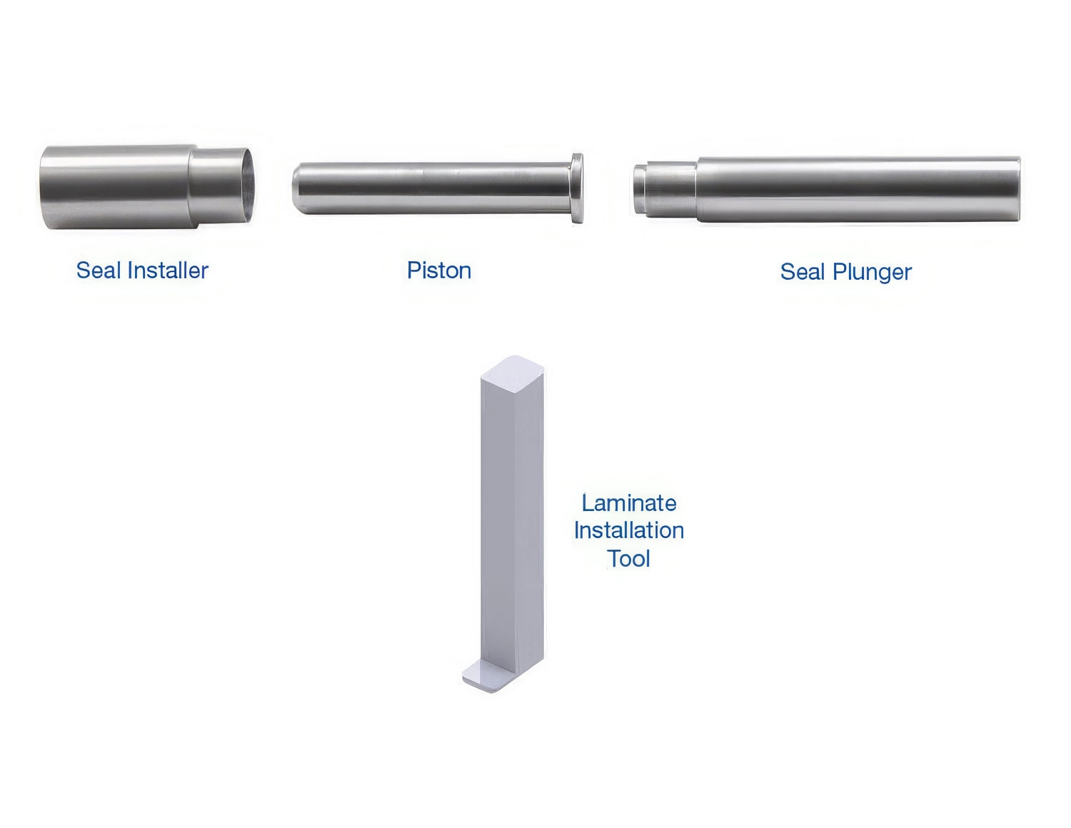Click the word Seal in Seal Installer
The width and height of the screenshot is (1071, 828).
[x=99, y=271]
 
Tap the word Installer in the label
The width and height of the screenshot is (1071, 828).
[x=168, y=271]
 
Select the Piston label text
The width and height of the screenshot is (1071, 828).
[x=439, y=271]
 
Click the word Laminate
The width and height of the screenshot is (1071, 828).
[x=629, y=503]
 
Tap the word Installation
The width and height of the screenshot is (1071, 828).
[x=629, y=530]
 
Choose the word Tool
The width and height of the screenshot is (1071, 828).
[x=629, y=559]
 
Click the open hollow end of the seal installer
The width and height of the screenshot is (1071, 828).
[x=248, y=185]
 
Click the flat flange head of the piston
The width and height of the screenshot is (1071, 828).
[x=577, y=188]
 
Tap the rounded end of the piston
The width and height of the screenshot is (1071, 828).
[x=298, y=188]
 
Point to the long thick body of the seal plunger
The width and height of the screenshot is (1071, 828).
[x=858, y=189]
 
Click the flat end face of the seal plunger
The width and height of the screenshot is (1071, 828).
[x=1018, y=189]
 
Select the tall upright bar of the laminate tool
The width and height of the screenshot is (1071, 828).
[x=513, y=522]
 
